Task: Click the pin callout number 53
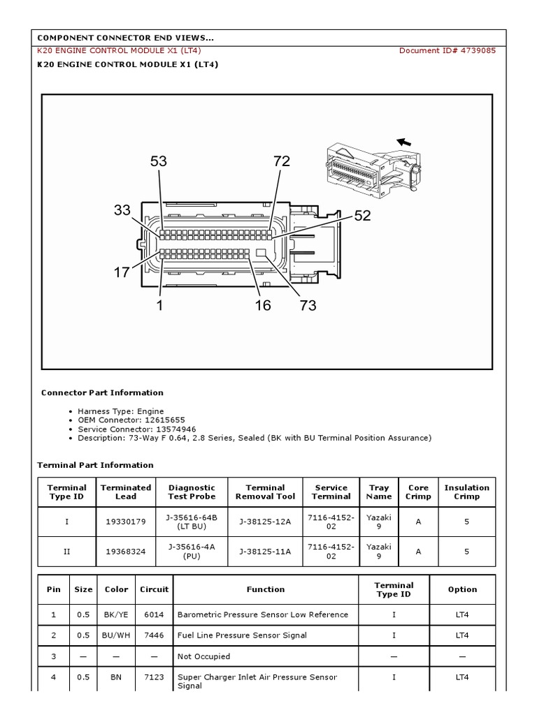pos(159,161)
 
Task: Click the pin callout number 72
pos(281,161)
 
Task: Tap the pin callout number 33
pos(122,210)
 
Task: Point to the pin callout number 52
pos(362,216)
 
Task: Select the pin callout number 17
pos(122,272)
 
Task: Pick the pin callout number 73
pos(308,305)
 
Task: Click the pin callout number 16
pos(263,305)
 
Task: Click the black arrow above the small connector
pos(403,142)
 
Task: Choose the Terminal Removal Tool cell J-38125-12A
pos(265,522)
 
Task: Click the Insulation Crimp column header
pos(466,492)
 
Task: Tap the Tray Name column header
pos(378,492)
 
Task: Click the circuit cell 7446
pos(154,635)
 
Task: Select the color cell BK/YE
pos(116,614)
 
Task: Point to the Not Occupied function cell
pos(203,656)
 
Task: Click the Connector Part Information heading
pos(102,392)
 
